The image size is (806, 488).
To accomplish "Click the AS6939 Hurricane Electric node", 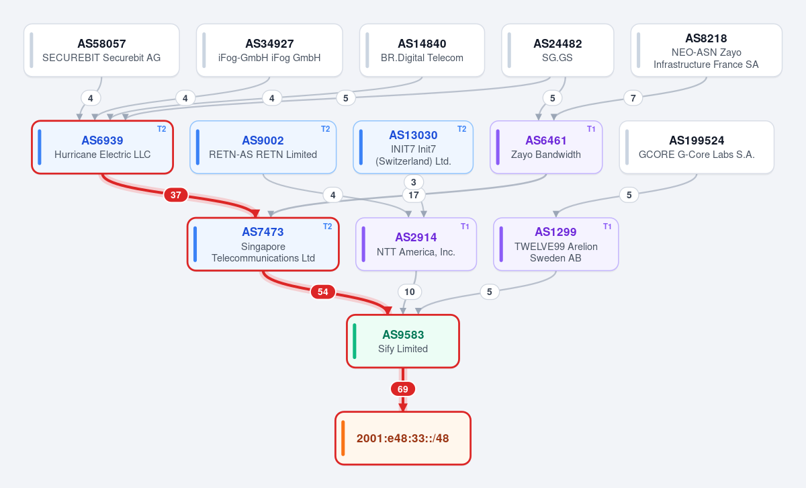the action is click(103, 147).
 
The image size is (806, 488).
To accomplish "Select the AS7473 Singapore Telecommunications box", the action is click(263, 244).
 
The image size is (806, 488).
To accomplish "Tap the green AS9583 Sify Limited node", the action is click(403, 341).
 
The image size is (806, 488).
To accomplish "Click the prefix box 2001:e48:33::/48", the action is click(403, 438).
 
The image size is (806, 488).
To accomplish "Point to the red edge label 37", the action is click(175, 195).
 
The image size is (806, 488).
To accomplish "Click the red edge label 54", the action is click(323, 292).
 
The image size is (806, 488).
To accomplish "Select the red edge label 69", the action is click(402, 389).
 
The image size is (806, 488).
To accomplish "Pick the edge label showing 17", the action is click(414, 195).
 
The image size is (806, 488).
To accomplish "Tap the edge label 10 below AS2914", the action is click(410, 292).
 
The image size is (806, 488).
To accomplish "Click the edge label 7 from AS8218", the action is click(633, 98).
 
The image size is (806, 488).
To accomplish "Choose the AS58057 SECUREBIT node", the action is click(101, 50).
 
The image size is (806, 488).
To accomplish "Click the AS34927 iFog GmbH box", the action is click(269, 50).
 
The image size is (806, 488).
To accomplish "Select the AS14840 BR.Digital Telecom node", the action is click(422, 50).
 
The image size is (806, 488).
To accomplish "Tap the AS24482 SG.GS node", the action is click(557, 50).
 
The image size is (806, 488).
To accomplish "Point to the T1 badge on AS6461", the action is click(591, 129).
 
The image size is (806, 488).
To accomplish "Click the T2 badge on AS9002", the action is click(325, 129).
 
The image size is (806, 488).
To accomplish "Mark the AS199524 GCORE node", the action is click(697, 147).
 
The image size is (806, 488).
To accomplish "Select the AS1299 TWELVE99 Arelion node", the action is click(555, 244).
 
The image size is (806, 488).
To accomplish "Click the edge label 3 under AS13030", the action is click(414, 182).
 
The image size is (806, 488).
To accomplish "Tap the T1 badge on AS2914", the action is click(465, 226).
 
